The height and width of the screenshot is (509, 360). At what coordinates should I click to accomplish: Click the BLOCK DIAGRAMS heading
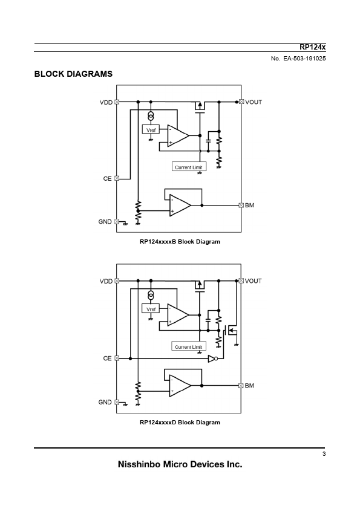73,74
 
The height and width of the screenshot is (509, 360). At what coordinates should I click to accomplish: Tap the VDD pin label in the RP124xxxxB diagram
106,103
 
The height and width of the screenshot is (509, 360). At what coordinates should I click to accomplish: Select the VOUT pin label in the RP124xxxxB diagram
254,102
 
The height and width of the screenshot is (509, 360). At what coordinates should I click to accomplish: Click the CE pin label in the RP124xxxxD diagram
107,358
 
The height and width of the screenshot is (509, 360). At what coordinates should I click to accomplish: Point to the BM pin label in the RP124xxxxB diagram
249,205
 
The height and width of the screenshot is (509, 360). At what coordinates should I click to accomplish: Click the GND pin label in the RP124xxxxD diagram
105,402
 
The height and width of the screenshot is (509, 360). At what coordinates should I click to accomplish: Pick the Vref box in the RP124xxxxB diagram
151,130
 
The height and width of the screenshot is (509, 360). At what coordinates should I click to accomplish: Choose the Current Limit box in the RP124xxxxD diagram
188,346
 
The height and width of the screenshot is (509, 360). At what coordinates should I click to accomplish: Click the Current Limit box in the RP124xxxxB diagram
189,167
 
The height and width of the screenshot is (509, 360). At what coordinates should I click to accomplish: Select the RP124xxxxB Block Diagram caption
180,242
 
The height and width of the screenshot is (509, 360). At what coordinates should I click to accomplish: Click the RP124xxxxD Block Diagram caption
180,423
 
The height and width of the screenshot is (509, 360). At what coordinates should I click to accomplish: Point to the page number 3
324,454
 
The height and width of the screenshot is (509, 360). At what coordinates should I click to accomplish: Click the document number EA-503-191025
304,59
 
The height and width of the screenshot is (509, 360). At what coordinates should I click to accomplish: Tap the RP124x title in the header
313,47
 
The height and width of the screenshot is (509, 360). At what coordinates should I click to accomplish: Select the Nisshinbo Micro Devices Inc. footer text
180,464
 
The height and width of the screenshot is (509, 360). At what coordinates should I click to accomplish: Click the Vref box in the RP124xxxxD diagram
151,309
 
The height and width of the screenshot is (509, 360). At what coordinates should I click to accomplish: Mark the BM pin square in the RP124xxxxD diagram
241,385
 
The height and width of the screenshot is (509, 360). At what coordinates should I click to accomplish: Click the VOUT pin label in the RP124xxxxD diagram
253,281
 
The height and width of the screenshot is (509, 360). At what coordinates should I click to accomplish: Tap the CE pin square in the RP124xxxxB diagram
117,178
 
